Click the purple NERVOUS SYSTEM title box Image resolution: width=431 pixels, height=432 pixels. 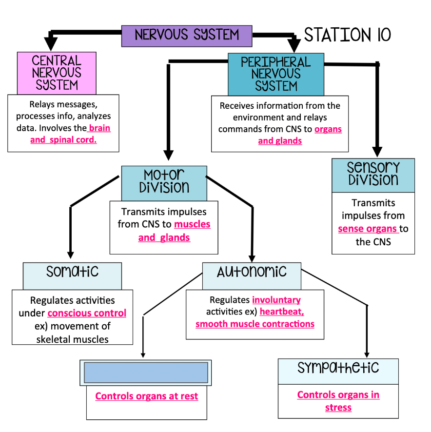[x=186, y=36]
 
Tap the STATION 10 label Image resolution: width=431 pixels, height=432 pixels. [x=347, y=35]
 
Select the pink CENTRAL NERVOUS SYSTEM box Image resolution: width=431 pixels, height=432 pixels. [x=57, y=73]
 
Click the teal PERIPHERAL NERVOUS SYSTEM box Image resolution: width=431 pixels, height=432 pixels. [x=275, y=74]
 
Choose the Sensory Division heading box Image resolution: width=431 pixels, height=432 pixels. [x=373, y=175]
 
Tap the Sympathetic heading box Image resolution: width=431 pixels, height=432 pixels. [x=338, y=371]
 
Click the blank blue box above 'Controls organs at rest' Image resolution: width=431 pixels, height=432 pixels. [x=146, y=373]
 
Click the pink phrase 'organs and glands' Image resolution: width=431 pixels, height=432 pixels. [x=297, y=135]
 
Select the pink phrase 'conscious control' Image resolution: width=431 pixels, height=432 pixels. [x=87, y=313]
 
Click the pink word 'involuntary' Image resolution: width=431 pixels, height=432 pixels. [x=276, y=300]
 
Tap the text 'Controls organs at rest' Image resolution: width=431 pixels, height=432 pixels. [x=146, y=396]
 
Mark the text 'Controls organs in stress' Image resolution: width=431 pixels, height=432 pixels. [x=338, y=401]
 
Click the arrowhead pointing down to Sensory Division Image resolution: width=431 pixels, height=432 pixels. [x=376, y=152]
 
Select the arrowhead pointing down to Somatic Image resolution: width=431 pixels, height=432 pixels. [x=70, y=254]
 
